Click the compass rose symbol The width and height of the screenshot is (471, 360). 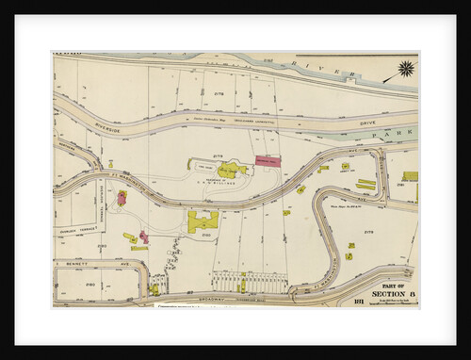(405, 69)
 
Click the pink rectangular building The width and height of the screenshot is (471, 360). (268, 162)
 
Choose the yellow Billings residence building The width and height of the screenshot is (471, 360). (232, 170)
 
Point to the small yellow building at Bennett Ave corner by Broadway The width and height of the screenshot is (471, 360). (154, 290)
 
